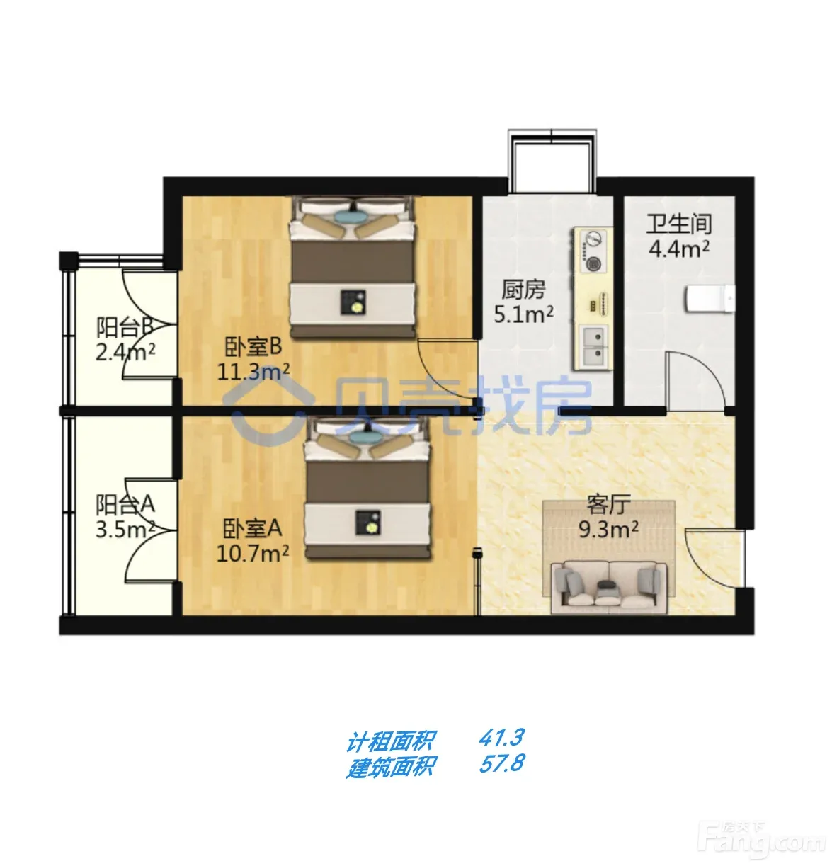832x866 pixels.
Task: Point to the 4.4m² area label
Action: [679, 249]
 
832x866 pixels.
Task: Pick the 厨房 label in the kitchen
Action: [524, 290]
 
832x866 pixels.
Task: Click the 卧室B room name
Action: [253, 346]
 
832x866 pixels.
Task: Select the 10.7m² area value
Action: [253, 553]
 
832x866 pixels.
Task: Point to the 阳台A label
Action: [125, 504]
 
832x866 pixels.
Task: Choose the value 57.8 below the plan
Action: [501, 763]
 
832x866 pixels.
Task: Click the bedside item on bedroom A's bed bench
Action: [368, 523]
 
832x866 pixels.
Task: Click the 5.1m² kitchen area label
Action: [524, 314]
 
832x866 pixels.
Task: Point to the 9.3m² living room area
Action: [609, 529]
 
